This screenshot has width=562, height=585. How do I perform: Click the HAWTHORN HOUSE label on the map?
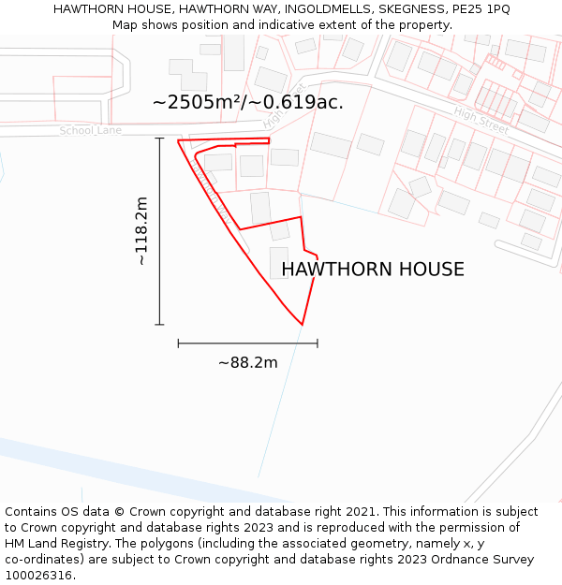(x=373, y=270)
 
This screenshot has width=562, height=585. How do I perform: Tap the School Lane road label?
(x=91, y=130)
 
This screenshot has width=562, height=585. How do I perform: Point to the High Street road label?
(x=481, y=119)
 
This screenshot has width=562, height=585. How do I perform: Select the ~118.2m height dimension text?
(x=141, y=231)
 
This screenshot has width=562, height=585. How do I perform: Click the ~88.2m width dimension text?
(x=247, y=362)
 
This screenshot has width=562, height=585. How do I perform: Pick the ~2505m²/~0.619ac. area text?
(x=247, y=102)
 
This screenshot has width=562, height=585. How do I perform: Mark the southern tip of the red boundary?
(x=302, y=325)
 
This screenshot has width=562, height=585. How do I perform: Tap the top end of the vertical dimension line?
(x=159, y=139)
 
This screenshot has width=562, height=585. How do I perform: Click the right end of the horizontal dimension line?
(x=318, y=344)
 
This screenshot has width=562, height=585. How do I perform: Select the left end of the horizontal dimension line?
(x=178, y=344)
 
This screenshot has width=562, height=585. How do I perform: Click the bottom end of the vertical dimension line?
(x=159, y=325)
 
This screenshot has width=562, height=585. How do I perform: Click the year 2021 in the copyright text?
(x=362, y=512)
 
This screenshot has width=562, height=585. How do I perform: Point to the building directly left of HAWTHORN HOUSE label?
(x=278, y=262)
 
